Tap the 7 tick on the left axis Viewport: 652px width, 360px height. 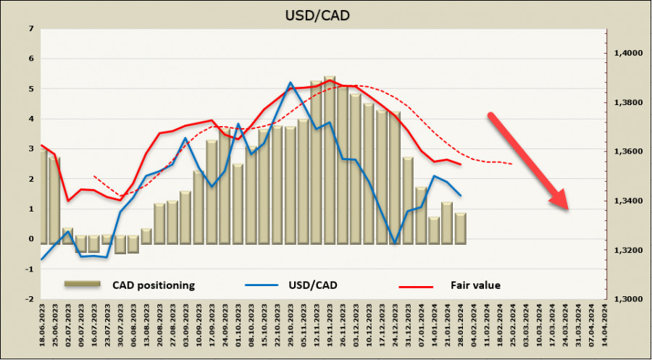click(30, 29)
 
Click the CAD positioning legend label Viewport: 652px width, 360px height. click(154, 285)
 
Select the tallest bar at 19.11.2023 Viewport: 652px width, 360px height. click(329, 159)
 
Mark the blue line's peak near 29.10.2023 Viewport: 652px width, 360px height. click(290, 83)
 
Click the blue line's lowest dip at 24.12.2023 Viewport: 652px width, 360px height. click(395, 243)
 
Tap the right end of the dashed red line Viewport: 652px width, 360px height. click(513, 164)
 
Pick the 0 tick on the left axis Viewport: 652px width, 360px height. click(30, 239)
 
